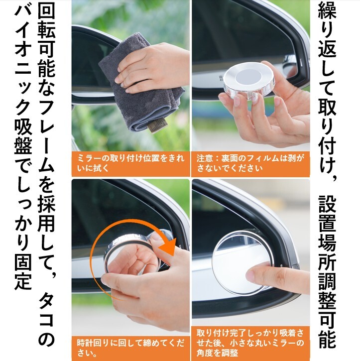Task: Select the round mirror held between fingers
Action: [249, 80]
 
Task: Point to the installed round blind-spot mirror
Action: [241, 262]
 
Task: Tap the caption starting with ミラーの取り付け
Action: [131, 163]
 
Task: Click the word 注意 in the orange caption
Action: [204, 158]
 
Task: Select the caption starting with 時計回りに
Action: [131, 348]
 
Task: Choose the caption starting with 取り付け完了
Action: [250, 343]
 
